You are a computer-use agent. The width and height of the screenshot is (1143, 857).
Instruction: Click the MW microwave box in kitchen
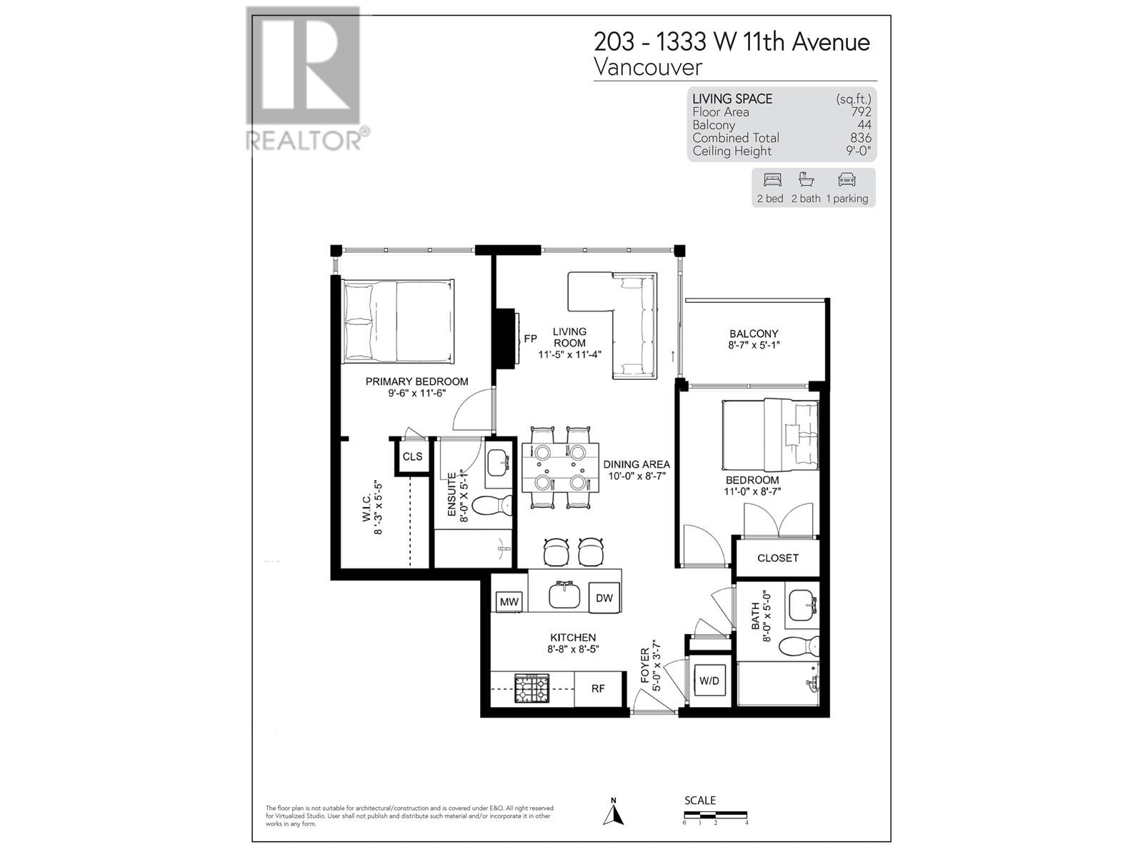click(x=509, y=601)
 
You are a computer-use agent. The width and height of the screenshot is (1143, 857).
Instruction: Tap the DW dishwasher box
click(x=604, y=598)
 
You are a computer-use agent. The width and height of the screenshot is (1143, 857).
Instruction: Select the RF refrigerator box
click(x=598, y=688)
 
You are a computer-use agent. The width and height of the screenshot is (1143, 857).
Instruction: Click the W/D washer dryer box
click(x=709, y=681)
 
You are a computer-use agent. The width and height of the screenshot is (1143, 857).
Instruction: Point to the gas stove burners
click(x=532, y=688)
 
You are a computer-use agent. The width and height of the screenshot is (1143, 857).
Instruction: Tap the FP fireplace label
click(x=530, y=339)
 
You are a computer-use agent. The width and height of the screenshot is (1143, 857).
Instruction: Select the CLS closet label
click(x=412, y=456)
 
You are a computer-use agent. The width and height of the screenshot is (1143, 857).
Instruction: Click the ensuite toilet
click(x=493, y=505)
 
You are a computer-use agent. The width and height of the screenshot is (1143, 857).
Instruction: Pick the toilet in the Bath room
click(x=799, y=646)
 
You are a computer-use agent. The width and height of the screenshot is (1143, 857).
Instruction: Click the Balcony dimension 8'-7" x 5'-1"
click(x=754, y=345)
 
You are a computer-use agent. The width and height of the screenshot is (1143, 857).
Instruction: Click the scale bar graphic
click(x=715, y=814)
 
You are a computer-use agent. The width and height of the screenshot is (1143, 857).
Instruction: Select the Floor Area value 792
click(x=861, y=112)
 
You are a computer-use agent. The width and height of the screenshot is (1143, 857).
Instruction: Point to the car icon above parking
click(x=847, y=179)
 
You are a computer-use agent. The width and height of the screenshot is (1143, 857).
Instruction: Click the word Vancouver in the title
click(x=648, y=67)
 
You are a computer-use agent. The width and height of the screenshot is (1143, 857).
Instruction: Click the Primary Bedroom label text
click(x=416, y=381)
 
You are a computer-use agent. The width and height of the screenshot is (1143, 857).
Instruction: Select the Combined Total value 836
click(x=861, y=138)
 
